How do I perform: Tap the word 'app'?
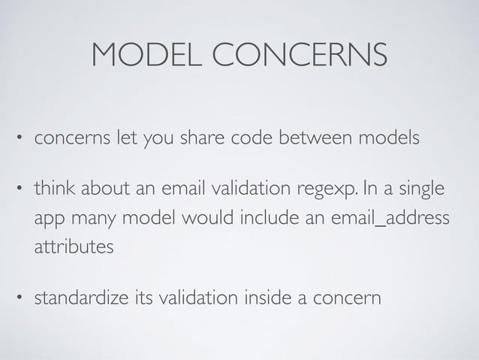coord(48,217)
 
